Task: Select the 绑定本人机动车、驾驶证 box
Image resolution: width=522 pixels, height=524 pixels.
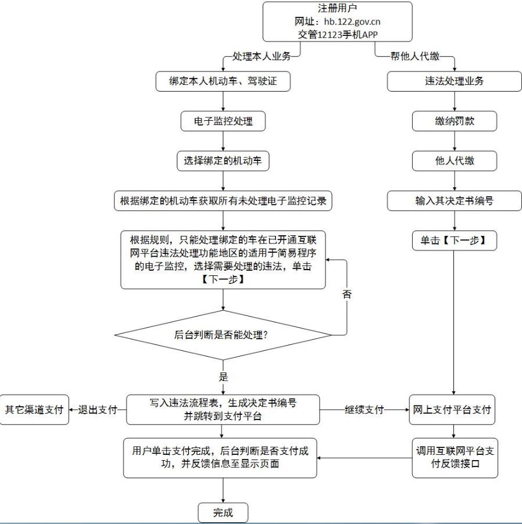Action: pyautogui.click(x=223, y=81)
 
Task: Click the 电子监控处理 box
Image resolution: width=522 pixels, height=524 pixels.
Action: pyautogui.click(x=223, y=121)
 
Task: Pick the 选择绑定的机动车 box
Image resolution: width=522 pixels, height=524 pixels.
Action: pyautogui.click(x=223, y=161)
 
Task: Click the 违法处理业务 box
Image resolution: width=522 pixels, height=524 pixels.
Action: pyautogui.click(x=454, y=81)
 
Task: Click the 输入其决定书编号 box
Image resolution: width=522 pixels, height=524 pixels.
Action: pyautogui.click(x=454, y=201)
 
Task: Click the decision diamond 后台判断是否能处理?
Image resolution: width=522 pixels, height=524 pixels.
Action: pyautogui.click(x=223, y=335)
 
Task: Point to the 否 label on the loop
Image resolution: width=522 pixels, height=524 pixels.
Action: pyautogui.click(x=346, y=294)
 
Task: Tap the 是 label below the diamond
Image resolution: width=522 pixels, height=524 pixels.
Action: pyautogui.click(x=223, y=377)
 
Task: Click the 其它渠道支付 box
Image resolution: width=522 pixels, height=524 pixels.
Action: pyautogui.click(x=34, y=410)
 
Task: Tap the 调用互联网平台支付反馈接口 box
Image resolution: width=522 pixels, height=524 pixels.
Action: pyautogui.click(x=454, y=458)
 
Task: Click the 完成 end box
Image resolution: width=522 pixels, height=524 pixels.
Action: pyautogui.click(x=223, y=512)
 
